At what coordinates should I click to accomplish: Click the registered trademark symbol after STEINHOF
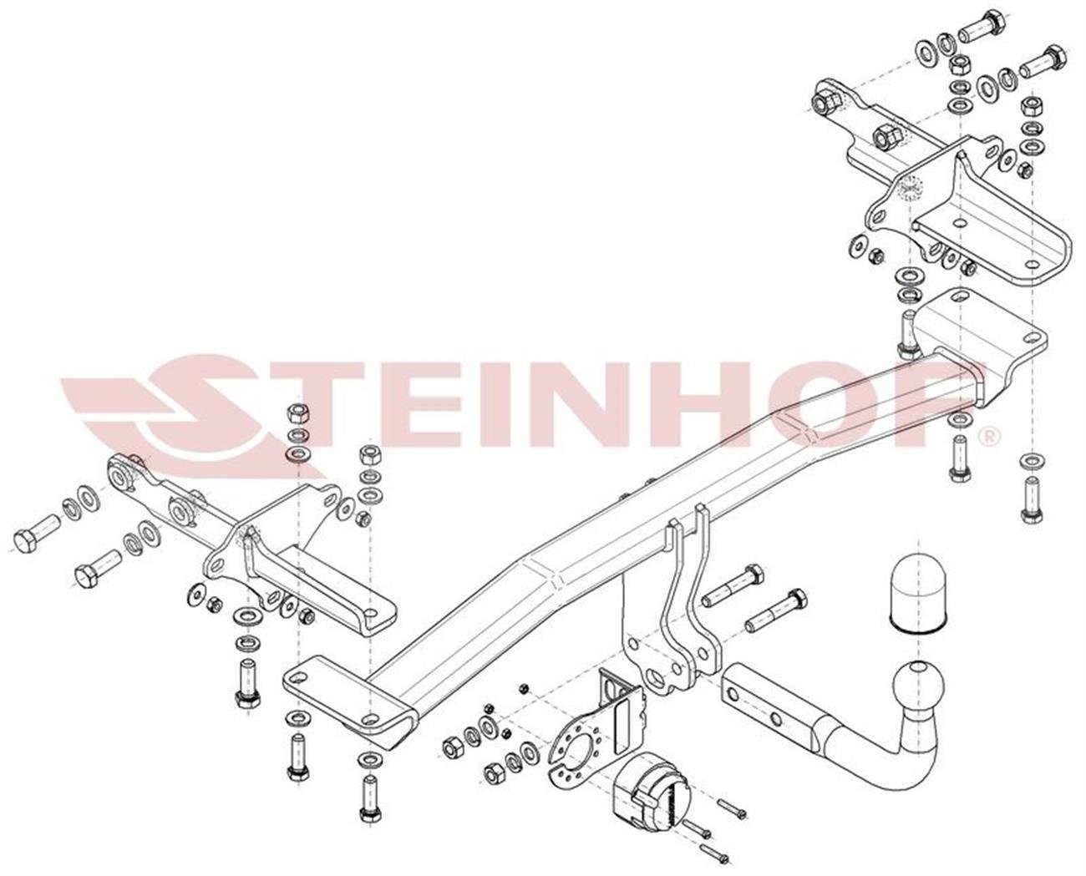click(990, 436)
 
